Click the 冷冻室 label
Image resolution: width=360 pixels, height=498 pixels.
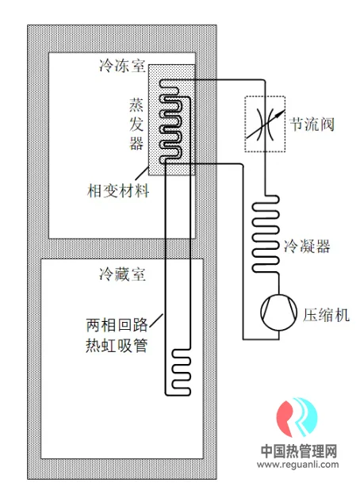(122, 66)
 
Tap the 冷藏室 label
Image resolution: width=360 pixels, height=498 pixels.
(122, 274)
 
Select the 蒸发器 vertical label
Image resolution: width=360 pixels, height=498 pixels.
(136, 124)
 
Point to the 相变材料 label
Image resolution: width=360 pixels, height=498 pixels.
(118, 191)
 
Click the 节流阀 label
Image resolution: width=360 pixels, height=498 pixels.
(312, 124)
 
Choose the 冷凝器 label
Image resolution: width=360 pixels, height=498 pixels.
(307, 246)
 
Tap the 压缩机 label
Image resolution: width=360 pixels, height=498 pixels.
(326, 315)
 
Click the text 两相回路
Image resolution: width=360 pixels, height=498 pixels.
(117, 325)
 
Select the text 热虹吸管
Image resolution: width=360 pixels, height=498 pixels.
(117, 346)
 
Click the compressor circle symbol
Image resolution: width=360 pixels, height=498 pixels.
(279, 312)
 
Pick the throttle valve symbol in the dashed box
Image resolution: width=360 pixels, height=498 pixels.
(265, 125)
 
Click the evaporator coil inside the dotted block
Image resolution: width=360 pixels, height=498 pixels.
(170, 121)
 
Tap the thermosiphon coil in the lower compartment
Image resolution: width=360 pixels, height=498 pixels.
(182, 372)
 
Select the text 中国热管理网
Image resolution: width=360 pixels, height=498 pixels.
(299, 451)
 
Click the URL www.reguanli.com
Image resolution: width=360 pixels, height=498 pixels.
(298, 465)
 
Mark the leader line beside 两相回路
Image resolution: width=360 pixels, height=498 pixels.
(156, 320)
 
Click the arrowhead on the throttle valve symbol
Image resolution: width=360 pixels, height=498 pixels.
(279, 113)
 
